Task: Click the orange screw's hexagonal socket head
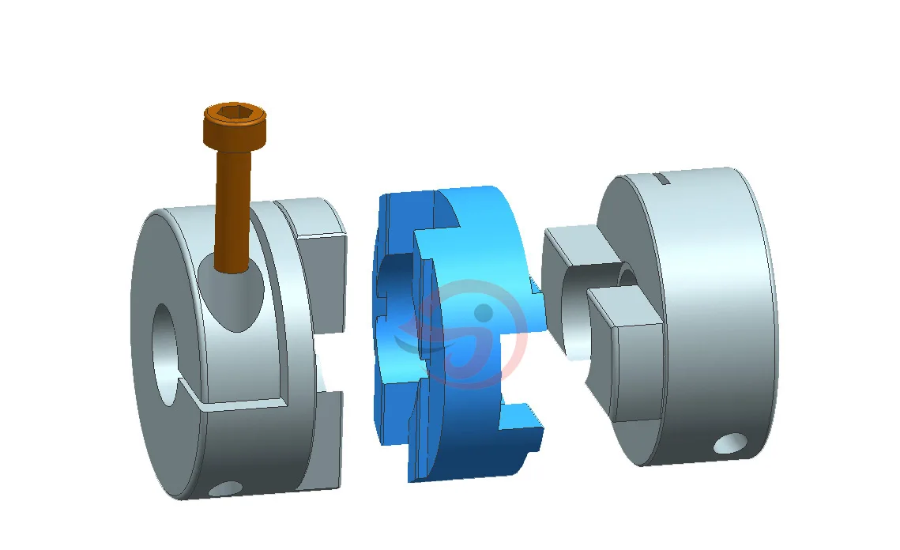[235, 117]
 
